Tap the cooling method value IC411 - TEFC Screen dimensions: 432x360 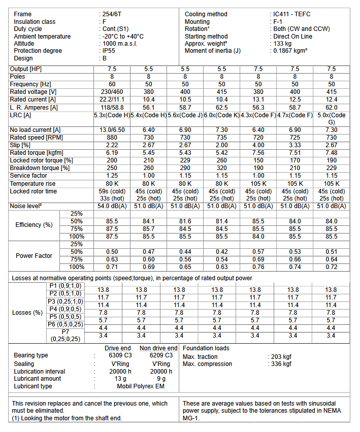coord(295,14)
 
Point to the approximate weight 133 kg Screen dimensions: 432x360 coord(283,44)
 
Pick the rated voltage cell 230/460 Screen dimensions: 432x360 coord(112,92)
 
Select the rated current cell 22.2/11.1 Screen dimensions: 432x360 coord(112,99)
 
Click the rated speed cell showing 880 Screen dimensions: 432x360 coord(112,138)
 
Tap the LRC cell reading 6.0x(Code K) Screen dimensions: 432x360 coord(222,115)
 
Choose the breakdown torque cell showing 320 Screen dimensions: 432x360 coord(222,168)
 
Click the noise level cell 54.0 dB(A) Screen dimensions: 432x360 coord(112,206)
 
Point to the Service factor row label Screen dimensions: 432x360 coord(29,176)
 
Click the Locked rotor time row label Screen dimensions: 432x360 coord(34,191)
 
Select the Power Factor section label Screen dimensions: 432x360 coord(34,256)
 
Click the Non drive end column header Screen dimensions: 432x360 coord(158,348)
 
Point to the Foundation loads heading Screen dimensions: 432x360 coord(206,348)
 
